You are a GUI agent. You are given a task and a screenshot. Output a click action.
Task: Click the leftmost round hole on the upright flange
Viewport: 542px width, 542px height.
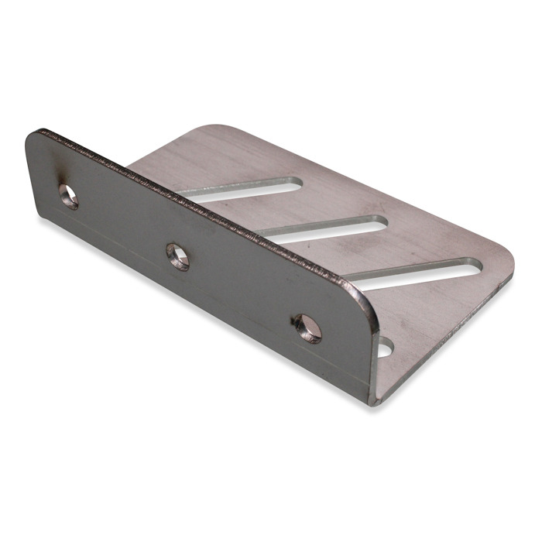tap(69, 197)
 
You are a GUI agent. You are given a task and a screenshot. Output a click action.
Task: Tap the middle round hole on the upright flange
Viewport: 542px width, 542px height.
tap(177, 256)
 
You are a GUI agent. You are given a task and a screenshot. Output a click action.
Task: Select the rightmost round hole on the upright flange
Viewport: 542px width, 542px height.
tap(307, 328)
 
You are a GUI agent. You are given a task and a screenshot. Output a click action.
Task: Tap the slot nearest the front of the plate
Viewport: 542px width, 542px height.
tap(414, 273)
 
